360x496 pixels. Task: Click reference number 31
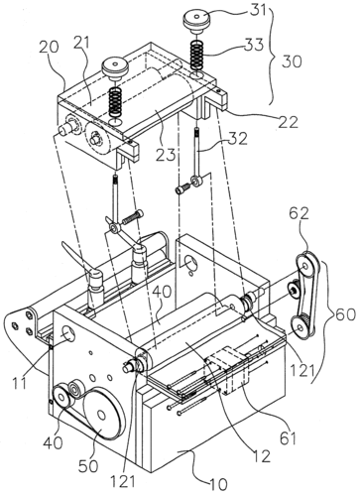pos(257,10)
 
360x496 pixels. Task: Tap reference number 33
pos(254,45)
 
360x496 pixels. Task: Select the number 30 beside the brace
pos(292,62)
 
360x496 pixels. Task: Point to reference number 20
pos(50,47)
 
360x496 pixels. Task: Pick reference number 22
pos(289,122)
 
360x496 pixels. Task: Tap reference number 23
pos(167,155)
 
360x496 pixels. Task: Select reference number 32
pos(238,140)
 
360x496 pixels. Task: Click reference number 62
pos(300,214)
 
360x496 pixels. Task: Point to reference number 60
pos(346,314)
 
